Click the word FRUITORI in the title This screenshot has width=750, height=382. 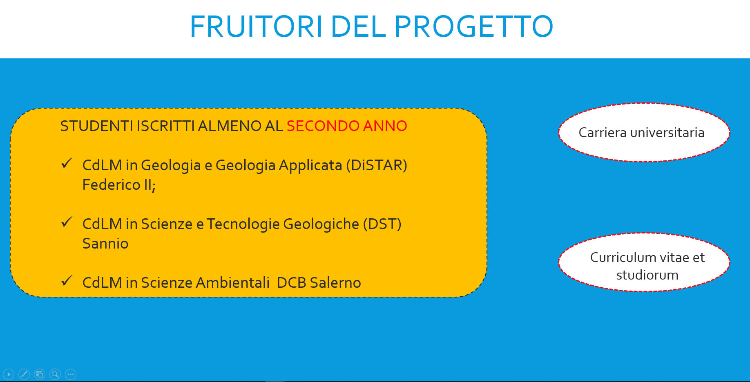tap(257, 27)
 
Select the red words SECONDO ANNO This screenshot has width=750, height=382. tap(347, 126)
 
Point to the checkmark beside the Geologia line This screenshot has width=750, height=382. tap(67, 163)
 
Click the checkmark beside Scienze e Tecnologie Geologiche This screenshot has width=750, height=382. tap(67, 222)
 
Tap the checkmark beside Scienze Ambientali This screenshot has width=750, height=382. tap(67, 281)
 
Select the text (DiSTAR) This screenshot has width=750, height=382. tap(377, 165)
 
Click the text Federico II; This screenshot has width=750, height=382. tap(119, 185)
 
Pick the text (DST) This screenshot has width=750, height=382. tap(382, 224)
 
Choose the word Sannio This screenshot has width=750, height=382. tap(105, 244)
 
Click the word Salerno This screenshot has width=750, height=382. tap(335, 282)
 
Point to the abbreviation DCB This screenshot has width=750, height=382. tap(291, 282)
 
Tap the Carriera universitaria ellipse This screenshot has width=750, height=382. tap(644, 133)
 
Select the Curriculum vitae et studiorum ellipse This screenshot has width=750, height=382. tap(644, 262)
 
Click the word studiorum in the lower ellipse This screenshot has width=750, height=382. tap(647, 275)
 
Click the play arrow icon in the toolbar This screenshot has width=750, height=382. tap(9, 374)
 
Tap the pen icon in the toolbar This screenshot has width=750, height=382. tap(24, 374)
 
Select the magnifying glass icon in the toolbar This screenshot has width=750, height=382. tap(55, 374)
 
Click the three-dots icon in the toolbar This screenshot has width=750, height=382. tap(71, 374)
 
